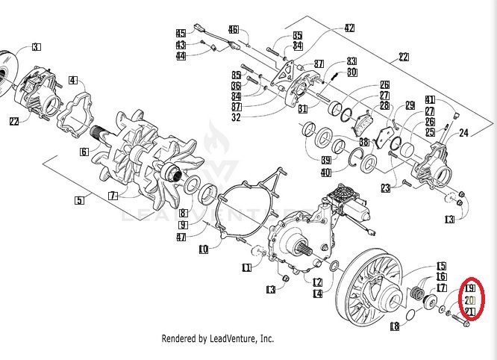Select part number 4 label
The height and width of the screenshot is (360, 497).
(73, 81)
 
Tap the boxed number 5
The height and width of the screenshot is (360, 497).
(79, 199)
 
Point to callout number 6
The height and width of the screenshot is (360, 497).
(84, 152)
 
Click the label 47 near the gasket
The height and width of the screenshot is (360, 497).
(182, 237)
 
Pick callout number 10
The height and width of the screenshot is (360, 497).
(203, 249)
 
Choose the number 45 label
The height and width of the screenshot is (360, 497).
(180, 34)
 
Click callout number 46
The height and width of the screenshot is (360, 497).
(234, 30)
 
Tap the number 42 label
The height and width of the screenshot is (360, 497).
(349, 28)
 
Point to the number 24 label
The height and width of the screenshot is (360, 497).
(463, 134)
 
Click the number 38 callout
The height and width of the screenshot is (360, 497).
(364, 142)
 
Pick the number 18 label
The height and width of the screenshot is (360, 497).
(394, 326)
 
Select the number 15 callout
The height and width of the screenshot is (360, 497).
(441, 266)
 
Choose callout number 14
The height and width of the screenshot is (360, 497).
(317, 294)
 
